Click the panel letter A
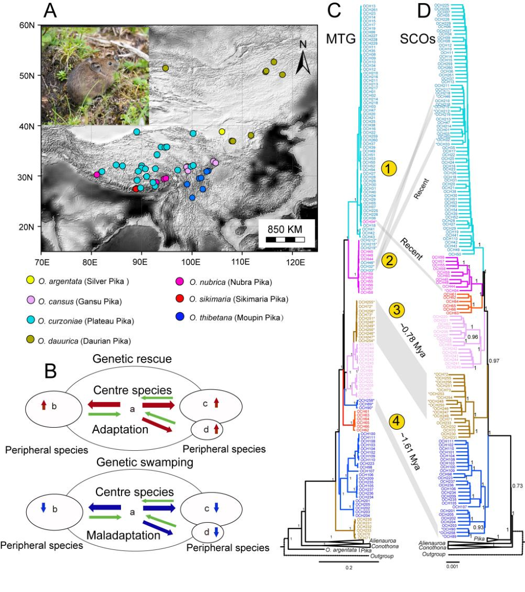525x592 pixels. point(51,10)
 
